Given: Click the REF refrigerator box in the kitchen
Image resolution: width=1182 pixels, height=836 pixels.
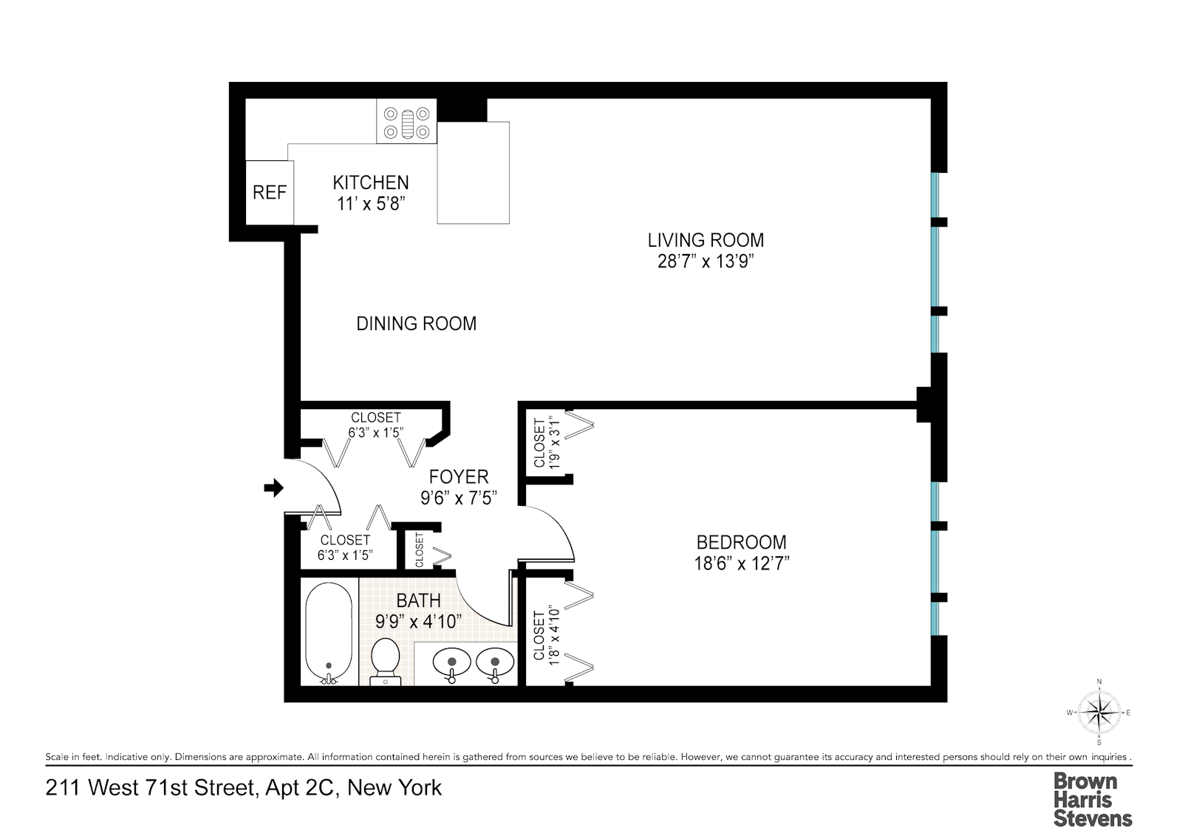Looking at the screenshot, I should click(269, 193).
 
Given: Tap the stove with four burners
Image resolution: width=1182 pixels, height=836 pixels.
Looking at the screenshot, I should click(406, 123).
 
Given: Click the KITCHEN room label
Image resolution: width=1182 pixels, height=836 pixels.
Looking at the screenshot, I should click(370, 182).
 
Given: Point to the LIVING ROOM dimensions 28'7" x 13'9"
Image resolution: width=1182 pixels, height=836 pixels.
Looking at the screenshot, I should click(705, 261).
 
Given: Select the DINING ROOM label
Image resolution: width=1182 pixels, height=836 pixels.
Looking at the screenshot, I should click(416, 323).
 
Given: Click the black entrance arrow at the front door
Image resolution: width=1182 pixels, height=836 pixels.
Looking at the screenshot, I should click(274, 487).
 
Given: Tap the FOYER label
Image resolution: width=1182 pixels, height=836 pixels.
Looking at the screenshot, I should click(459, 477).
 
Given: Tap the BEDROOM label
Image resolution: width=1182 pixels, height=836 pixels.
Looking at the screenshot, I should click(741, 542).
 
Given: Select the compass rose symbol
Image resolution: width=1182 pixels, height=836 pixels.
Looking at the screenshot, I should click(1099, 712).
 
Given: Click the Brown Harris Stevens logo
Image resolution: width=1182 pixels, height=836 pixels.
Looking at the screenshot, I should click(1092, 799).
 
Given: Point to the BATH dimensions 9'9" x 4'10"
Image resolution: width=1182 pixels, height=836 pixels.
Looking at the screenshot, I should click(419, 622).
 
